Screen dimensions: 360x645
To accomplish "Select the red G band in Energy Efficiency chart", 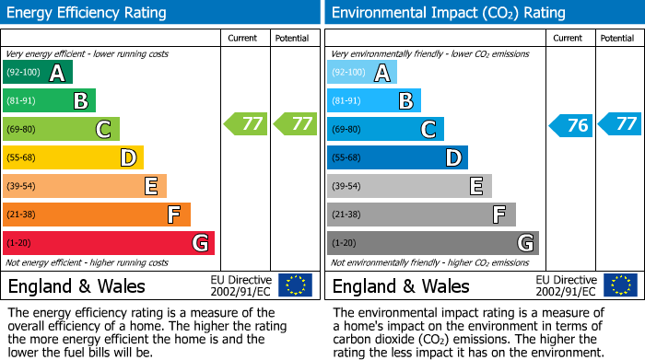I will pyautogui.click(x=109, y=243).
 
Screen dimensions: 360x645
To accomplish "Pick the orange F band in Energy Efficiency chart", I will pyautogui.click(x=97, y=215).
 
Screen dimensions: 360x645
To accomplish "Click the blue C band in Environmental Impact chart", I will pyautogui.click(x=385, y=130).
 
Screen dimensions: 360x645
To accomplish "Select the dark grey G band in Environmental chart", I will pyautogui.click(x=432, y=243).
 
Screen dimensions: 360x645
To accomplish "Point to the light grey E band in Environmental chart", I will pyautogui.click(x=409, y=187).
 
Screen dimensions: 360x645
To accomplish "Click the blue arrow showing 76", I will pyautogui.click(x=571, y=125).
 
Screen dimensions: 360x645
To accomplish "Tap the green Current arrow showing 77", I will pyautogui.click(x=247, y=123).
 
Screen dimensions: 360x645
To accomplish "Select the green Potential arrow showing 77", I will pyautogui.click(x=295, y=123).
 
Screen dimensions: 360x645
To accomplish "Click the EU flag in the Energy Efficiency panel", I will pyautogui.click(x=295, y=285).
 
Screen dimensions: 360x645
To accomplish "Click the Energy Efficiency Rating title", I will pyautogui.click(x=87, y=13).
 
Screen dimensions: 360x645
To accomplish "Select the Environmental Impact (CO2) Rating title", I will pyautogui.click(x=447, y=13).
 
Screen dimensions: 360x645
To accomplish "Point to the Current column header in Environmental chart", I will pyautogui.click(x=569, y=38).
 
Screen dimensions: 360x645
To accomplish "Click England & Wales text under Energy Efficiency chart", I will pyautogui.click(x=76, y=285).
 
